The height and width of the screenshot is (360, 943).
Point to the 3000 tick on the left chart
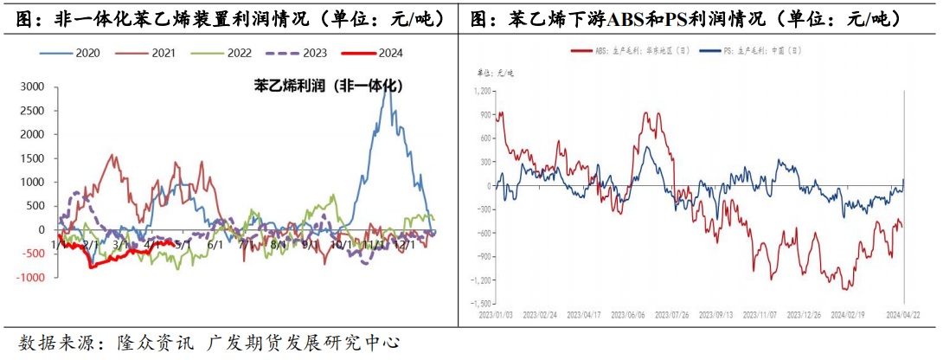32,87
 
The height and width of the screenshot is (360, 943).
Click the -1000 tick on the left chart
30,277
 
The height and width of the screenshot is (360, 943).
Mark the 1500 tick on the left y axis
32,158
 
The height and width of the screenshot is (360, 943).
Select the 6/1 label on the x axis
214,244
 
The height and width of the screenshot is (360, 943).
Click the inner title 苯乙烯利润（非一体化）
321,86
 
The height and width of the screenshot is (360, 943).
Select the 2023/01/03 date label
497,316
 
